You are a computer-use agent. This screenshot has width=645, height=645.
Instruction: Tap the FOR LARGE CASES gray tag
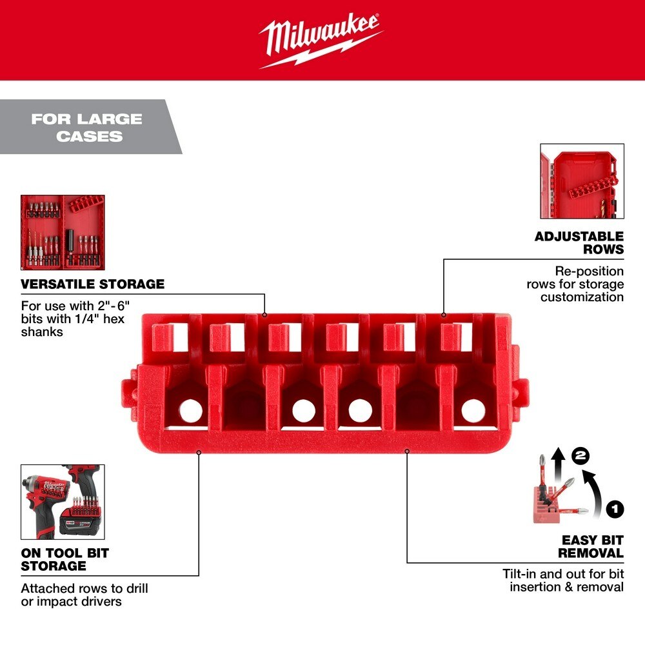[86, 127]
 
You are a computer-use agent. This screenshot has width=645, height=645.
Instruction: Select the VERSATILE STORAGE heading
[93, 284]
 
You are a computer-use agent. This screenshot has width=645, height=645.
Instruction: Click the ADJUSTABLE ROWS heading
[579, 243]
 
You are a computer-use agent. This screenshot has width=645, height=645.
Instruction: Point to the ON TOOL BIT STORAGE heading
[64, 559]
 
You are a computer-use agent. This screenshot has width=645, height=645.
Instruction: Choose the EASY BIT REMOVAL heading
[591, 546]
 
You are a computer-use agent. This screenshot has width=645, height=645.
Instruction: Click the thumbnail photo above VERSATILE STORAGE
[63, 232]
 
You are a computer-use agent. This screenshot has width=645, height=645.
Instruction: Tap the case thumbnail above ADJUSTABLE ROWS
[581, 181]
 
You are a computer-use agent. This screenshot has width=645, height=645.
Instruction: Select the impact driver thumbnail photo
[63, 502]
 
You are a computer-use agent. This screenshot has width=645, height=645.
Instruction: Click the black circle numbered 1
[615, 509]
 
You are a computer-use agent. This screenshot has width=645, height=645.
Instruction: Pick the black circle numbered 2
[581, 456]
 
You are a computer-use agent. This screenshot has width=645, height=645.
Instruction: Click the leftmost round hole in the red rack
[189, 409]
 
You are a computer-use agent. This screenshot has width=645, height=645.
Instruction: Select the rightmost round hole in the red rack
[472, 408]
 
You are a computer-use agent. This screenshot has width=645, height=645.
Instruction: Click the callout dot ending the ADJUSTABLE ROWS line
[444, 315]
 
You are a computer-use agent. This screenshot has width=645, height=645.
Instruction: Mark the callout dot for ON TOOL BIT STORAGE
[199, 452]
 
